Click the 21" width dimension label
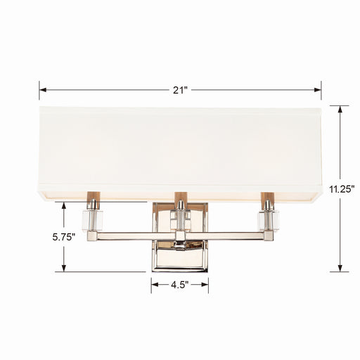coord(180,89)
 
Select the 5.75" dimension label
coord(64,238)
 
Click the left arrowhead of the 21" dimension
coord(41,89)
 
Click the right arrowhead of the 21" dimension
coord(319,89)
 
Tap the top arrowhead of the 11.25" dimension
coord(340,108)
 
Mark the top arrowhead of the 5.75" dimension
coord(65,205)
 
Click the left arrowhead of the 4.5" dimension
coord(153,285)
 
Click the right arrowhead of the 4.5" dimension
coord(206,285)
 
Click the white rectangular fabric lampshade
coord(180,148)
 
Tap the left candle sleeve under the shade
coord(92,199)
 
